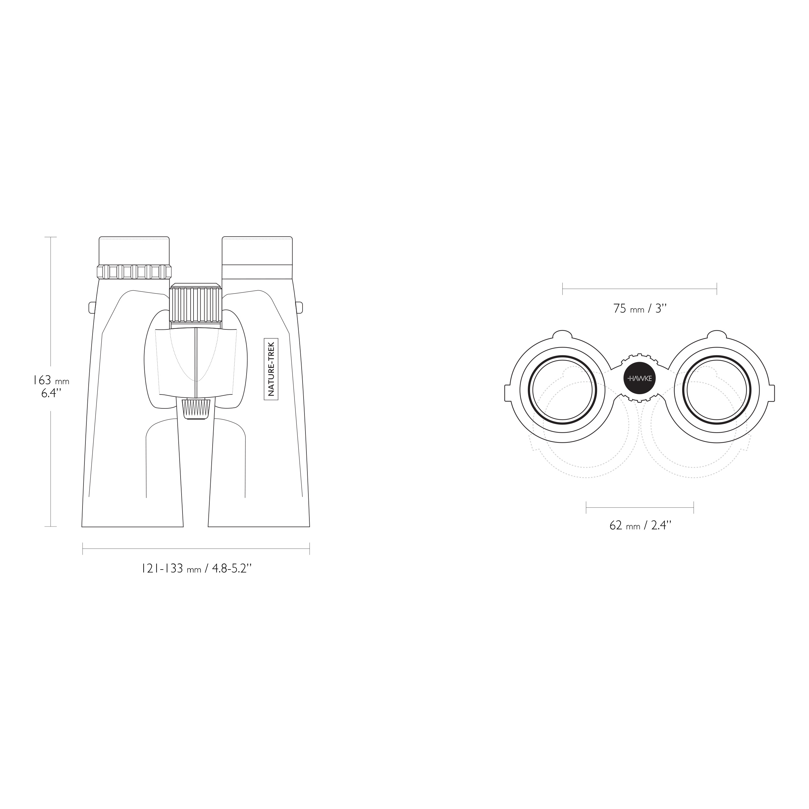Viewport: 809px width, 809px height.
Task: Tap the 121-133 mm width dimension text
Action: pos(196,569)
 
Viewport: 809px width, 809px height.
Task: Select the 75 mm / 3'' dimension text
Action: pos(640,309)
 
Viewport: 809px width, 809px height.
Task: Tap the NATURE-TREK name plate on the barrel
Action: pos(271,369)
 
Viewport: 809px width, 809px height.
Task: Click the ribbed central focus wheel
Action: pos(195,305)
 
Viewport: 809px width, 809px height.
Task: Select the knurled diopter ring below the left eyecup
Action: pos(134,272)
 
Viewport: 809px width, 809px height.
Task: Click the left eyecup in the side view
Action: pos(134,251)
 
